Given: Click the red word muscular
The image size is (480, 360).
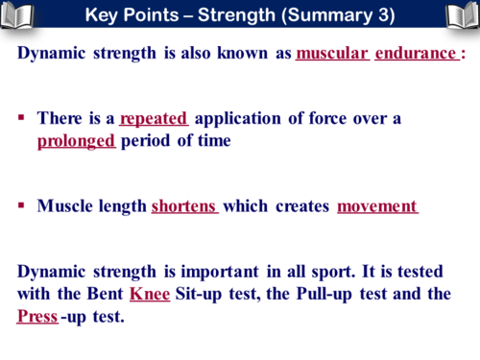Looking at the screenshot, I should click(x=332, y=53).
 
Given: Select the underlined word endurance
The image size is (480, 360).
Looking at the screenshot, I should click(x=415, y=53).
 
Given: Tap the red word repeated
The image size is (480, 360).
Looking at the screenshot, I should click(x=155, y=119).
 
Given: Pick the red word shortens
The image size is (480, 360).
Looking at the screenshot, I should click(x=184, y=206).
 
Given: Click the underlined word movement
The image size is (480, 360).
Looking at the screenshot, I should click(x=377, y=206).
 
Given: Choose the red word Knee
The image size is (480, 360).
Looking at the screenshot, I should click(x=149, y=294).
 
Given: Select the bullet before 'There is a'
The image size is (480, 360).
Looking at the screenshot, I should click(x=21, y=119).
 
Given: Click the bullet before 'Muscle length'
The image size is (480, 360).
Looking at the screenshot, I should click(x=21, y=206).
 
